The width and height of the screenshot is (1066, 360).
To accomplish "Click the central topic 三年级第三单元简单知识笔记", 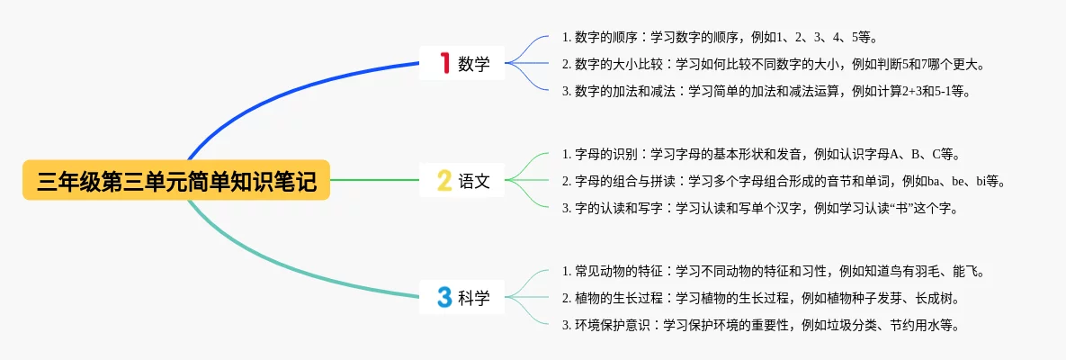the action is (x=176, y=180).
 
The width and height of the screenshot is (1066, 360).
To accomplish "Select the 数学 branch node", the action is (x=462, y=63).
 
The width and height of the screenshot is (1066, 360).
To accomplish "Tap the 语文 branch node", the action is (x=462, y=180).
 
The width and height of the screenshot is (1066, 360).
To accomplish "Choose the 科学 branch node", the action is (x=462, y=297).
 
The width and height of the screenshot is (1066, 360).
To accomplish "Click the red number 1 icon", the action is (x=445, y=63).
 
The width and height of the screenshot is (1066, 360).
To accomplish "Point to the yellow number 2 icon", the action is (x=443, y=180).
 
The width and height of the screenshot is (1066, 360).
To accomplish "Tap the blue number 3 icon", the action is (x=444, y=297).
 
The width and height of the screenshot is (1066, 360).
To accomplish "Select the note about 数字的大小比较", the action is (x=774, y=64).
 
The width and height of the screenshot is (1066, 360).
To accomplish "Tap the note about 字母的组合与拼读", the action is (x=784, y=181).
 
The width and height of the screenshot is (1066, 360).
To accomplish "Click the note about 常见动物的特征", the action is (x=773, y=272).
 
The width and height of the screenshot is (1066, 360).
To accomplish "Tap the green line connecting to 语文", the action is (x=374, y=180).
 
